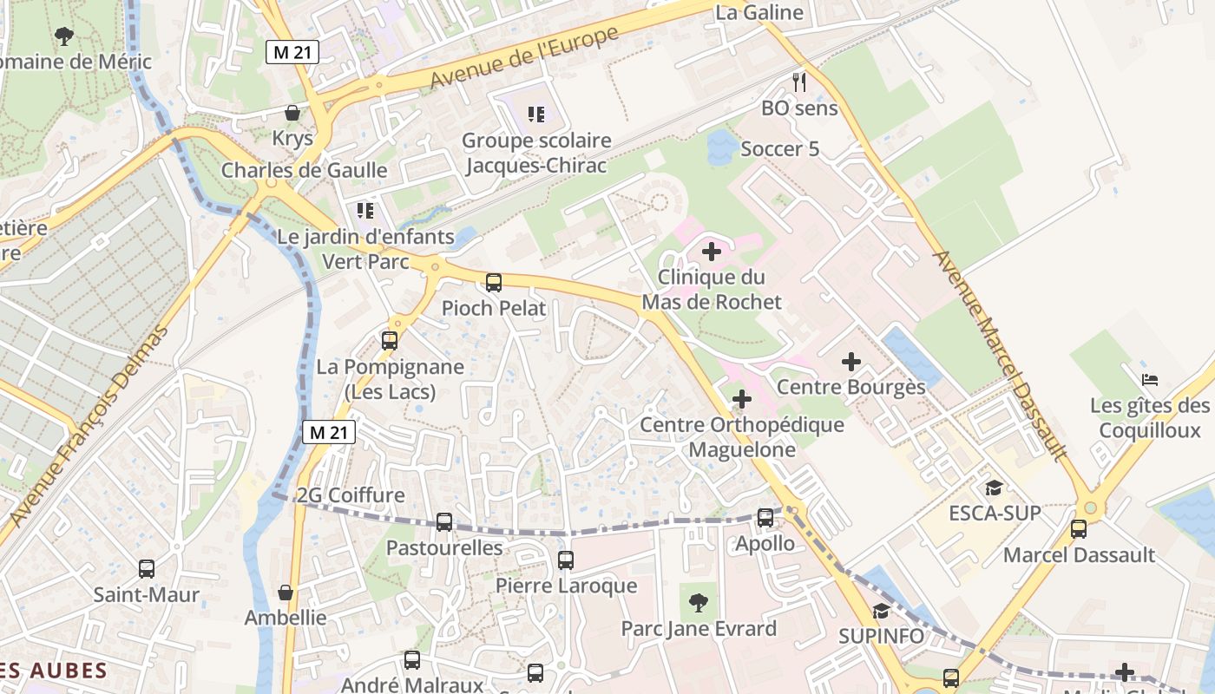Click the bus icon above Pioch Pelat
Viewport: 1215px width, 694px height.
click(494, 282)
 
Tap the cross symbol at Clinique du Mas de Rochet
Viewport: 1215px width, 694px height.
click(711, 252)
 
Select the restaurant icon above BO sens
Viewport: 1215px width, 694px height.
click(799, 82)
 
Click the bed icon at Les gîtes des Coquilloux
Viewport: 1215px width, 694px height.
click(1150, 379)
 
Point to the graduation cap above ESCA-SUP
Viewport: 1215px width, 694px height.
click(994, 488)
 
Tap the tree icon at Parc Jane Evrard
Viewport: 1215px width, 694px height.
click(698, 602)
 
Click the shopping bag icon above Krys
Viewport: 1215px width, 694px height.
click(292, 113)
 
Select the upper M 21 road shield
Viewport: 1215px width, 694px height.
click(292, 53)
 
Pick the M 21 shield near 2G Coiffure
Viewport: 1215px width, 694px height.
click(329, 431)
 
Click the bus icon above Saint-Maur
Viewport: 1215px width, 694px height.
click(147, 569)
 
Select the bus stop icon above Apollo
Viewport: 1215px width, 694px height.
click(765, 517)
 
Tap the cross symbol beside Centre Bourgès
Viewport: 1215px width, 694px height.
click(851, 361)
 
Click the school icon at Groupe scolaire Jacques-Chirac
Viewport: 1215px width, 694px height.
click(536, 114)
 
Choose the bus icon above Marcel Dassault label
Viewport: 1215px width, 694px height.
click(1079, 528)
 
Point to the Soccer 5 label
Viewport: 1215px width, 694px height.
click(779, 149)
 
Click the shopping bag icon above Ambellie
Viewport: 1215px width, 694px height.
click(285, 593)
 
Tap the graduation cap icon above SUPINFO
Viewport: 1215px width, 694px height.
click(881, 611)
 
